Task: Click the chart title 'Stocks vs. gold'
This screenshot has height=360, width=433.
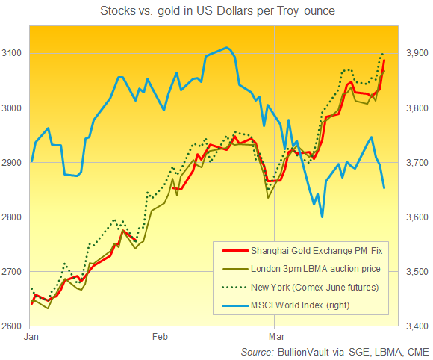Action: (216, 11)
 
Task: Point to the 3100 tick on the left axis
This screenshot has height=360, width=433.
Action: (14, 54)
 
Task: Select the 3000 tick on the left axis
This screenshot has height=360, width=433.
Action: (14, 108)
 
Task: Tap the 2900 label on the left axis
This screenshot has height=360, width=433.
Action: (14, 163)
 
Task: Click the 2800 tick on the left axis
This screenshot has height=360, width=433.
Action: (14, 217)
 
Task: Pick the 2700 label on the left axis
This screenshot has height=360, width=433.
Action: (14, 272)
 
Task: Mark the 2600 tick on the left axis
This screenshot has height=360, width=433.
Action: (14, 326)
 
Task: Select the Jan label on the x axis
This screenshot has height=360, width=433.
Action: (31, 338)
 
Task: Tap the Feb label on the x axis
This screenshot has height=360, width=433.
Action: (158, 338)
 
